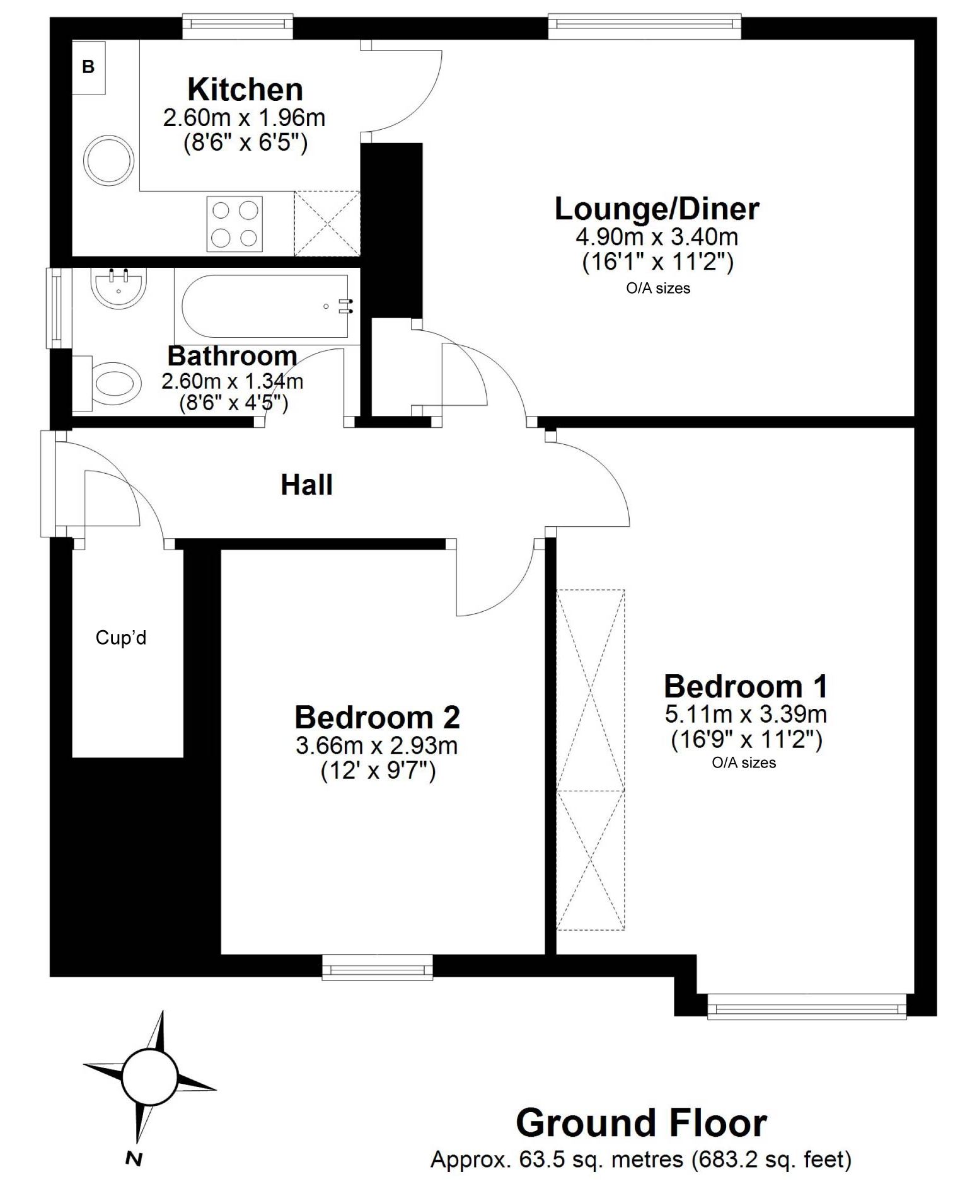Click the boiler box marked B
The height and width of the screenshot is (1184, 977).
click(x=88, y=67)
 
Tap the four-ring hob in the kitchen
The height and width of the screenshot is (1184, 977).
click(x=234, y=224)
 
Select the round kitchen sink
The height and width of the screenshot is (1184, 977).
click(x=108, y=160)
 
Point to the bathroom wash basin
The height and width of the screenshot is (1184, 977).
click(x=119, y=288)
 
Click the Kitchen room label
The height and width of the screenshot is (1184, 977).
click(x=245, y=89)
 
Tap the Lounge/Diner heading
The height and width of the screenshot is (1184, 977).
click(x=657, y=209)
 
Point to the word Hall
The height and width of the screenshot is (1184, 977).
click(x=307, y=485)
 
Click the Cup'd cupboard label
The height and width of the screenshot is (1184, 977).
click(x=121, y=638)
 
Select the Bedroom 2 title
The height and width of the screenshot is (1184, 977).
click(x=378, y=717)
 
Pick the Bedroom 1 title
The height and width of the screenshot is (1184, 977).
click(x=746, y=686)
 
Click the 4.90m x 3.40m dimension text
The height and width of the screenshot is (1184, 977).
click(x=657, y=237)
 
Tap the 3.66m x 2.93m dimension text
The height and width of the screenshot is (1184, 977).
click(x=377, y=745)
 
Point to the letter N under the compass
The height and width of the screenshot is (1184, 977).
click(x=134, y=1158)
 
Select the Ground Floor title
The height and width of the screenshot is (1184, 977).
click(x=642, y=1123)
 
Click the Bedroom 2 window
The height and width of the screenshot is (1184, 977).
click(x=378, y=967)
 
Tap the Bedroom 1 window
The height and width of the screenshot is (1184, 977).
click(x=807, y=1006)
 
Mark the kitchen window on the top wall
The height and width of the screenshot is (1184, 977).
click(x=238, y=26)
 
